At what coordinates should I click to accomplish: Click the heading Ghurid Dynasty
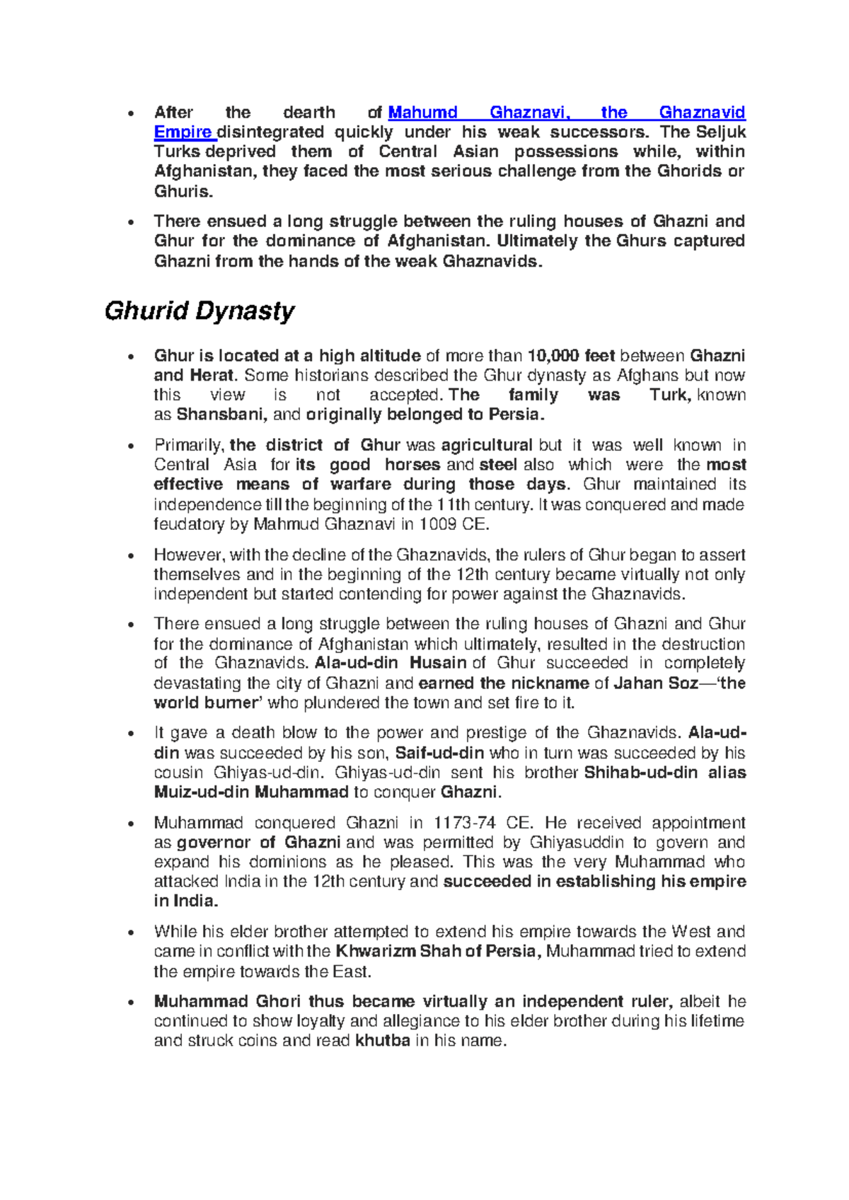pos(199,311)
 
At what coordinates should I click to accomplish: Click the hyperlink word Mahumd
pos(422,112)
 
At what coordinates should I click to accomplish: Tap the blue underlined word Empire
pos(183,132)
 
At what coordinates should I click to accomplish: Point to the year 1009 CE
pos(454,524)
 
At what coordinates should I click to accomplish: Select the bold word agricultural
pos(486,445)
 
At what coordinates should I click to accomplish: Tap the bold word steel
pos(498,465)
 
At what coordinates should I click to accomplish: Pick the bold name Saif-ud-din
pos(439,753)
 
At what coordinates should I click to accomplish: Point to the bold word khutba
pos(382,1041)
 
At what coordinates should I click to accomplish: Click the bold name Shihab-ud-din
pos(641,773)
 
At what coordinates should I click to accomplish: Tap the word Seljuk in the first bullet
pos(721,132)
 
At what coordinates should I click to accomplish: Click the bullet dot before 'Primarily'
pos(130,446)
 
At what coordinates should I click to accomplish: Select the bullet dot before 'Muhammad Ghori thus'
pos(130,1003)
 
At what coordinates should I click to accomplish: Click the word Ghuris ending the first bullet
pos(183,192)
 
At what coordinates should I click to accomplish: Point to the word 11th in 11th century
pos(452,504)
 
